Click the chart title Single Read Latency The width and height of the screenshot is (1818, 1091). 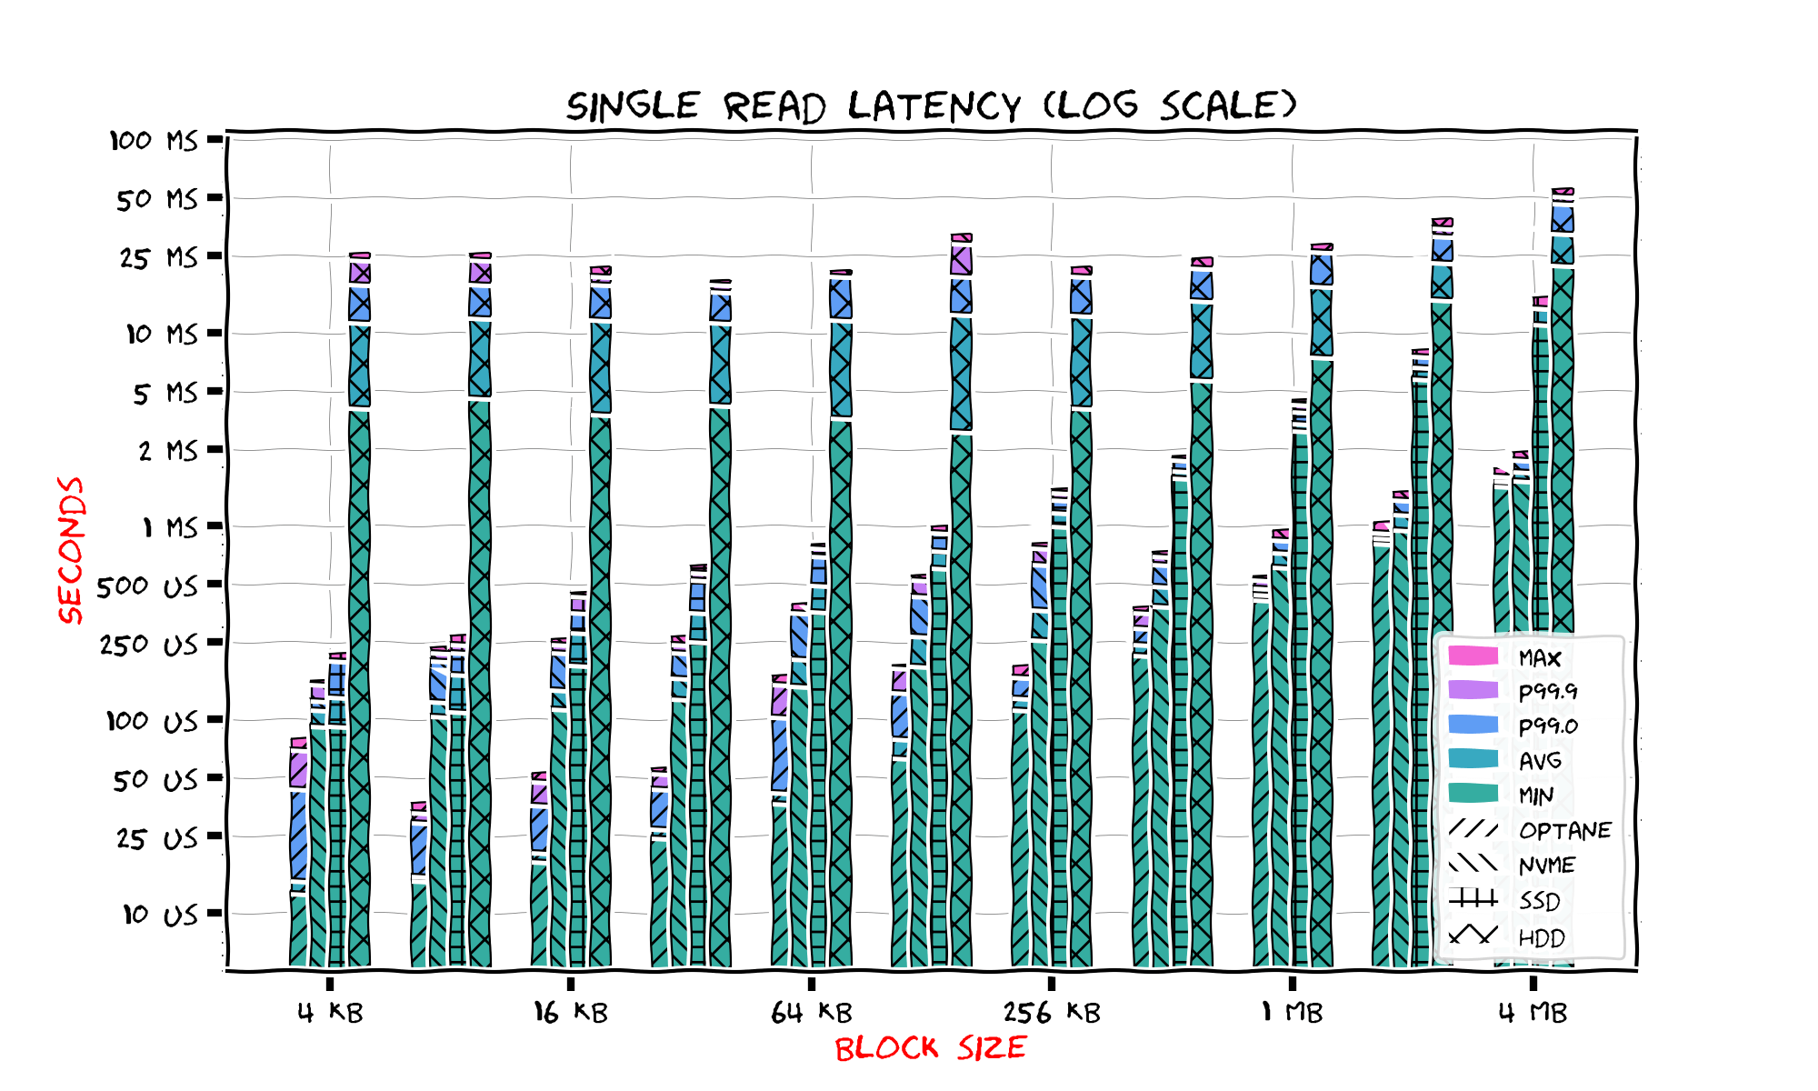(931, 106)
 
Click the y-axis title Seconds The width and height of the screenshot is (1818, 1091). (71, 550)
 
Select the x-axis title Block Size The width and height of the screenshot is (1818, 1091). (930, 1048)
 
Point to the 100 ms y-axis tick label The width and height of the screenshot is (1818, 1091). (154, 141)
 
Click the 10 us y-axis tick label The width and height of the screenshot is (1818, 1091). (160, 915)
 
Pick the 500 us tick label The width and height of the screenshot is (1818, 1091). (147, 586)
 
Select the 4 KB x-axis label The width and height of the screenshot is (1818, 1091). (330, 1013)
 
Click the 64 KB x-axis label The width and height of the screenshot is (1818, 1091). (811, 1013)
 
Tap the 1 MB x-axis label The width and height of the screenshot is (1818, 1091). (1292, 1013)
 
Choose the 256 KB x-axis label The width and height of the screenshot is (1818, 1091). (1052, 1013)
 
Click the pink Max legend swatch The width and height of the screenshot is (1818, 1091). (1473, 656)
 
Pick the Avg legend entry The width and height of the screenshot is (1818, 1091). (1540, 761)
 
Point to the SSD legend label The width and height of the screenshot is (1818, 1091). (1540, 901)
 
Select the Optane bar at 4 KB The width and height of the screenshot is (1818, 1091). (298, 927)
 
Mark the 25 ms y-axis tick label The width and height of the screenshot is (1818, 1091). (158, 258)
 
